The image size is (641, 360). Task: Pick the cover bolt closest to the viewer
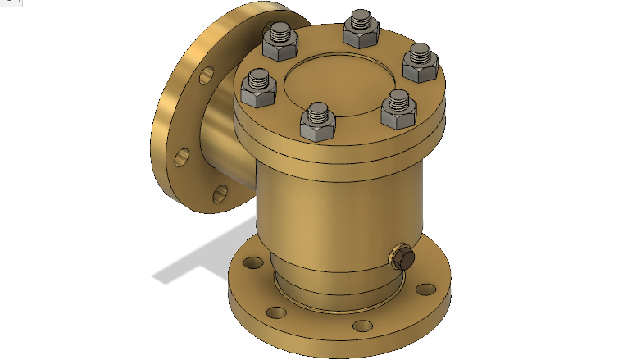[x=315, y=122]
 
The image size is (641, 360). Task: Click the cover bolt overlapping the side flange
[x=280, y=40]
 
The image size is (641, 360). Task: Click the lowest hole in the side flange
[x=220, y=194]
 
